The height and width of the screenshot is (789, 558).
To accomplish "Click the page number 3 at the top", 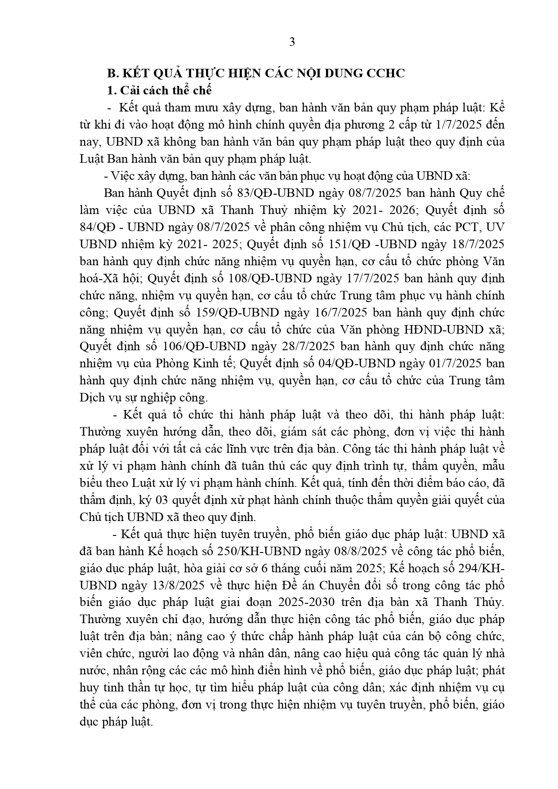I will pos(292,42).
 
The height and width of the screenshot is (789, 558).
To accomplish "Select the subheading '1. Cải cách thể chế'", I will pos(159,90).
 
